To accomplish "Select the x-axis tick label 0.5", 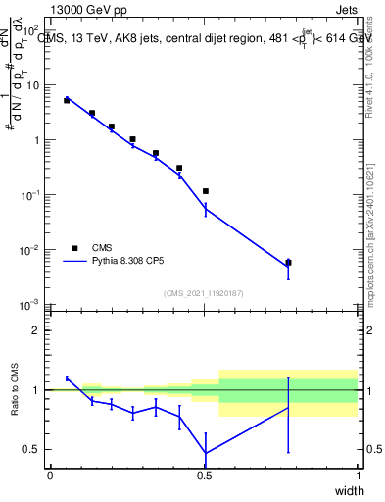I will click(204, 475).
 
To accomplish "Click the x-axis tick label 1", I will click(358, 475).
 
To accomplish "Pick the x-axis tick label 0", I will click(50, 475).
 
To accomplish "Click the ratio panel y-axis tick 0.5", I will click(31, 450).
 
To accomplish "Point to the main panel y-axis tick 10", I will click(32, 85).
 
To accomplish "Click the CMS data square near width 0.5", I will click(205, 191).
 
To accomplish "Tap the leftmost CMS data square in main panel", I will click(67, 100).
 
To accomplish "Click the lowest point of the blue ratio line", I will click(205, 453).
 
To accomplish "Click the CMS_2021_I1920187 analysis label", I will click(203, 293).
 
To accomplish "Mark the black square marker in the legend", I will click(74, 248).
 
